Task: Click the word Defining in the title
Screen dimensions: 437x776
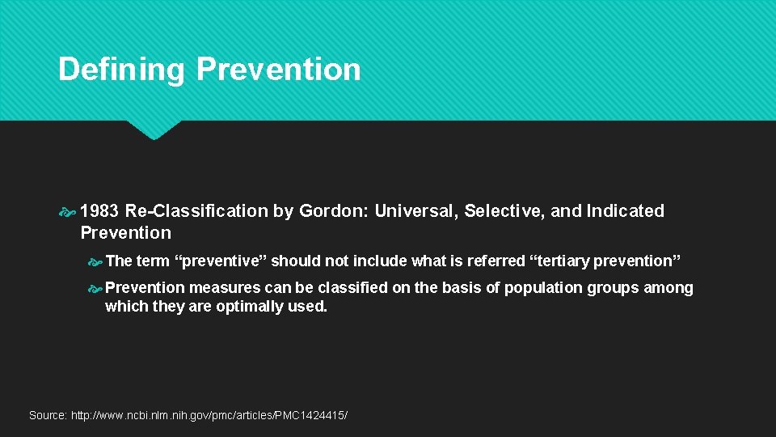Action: (122, 70)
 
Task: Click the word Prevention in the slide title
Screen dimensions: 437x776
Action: (278, 70)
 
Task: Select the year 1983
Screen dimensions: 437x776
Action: (100, 211)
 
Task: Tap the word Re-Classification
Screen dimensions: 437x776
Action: (196, 211)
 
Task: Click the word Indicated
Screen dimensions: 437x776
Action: (625, 211)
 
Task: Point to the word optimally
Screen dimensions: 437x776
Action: (248, 307)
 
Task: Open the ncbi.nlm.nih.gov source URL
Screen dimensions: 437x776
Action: (209, 415)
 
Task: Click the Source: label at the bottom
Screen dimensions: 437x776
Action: (48, 415)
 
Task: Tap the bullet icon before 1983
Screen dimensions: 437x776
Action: (69, 212)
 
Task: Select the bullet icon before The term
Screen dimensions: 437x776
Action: (95, 261)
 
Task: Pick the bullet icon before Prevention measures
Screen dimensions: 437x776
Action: (95, 288)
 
